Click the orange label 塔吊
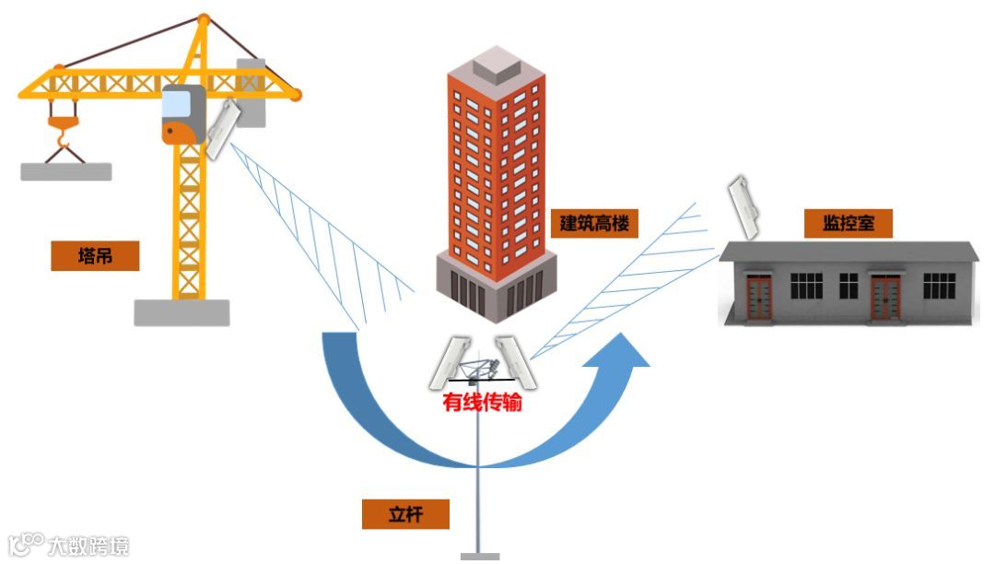point(95,256)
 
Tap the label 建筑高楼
point(600,223)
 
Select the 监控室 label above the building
point(849,223)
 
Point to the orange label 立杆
point(405,514)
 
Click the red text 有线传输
point(483,403)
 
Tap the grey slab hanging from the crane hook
point(65,171)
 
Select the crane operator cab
point(182,114)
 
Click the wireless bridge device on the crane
point(223,128)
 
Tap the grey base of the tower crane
point(181,312)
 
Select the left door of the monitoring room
point(759,298)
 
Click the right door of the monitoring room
point(885,298)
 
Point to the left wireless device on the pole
point(449,362)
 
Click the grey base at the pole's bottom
point(480,558)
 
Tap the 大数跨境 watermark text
point(88,546)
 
